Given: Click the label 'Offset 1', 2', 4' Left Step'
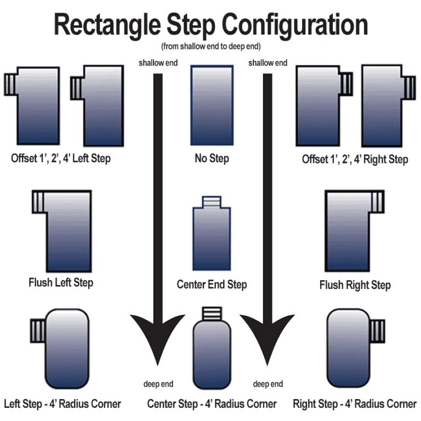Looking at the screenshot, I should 61,159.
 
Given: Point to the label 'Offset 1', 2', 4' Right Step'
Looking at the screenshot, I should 355,160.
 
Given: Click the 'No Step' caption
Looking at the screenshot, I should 212,159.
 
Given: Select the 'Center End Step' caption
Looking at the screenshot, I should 212,285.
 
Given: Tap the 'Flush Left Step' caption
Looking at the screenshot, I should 61,283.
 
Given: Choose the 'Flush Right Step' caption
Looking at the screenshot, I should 355,285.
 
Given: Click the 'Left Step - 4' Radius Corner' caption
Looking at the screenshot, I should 62,405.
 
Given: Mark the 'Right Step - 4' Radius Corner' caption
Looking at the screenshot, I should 355,405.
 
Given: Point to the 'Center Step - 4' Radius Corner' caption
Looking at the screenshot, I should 212,405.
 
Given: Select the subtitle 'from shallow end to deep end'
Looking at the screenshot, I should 210,45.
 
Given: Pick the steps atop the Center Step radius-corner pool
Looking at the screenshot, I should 212,314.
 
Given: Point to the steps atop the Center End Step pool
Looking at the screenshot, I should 212,202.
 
